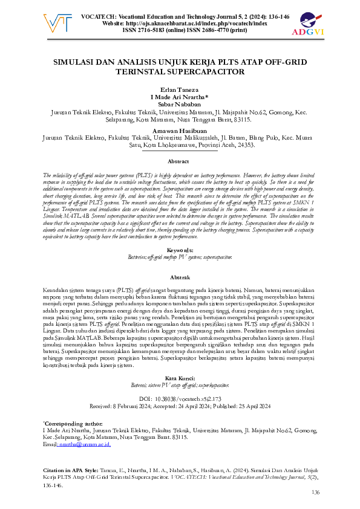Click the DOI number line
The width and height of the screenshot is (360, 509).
180,400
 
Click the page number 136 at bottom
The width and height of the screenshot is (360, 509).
315,493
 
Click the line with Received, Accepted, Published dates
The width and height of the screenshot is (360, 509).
179,407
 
